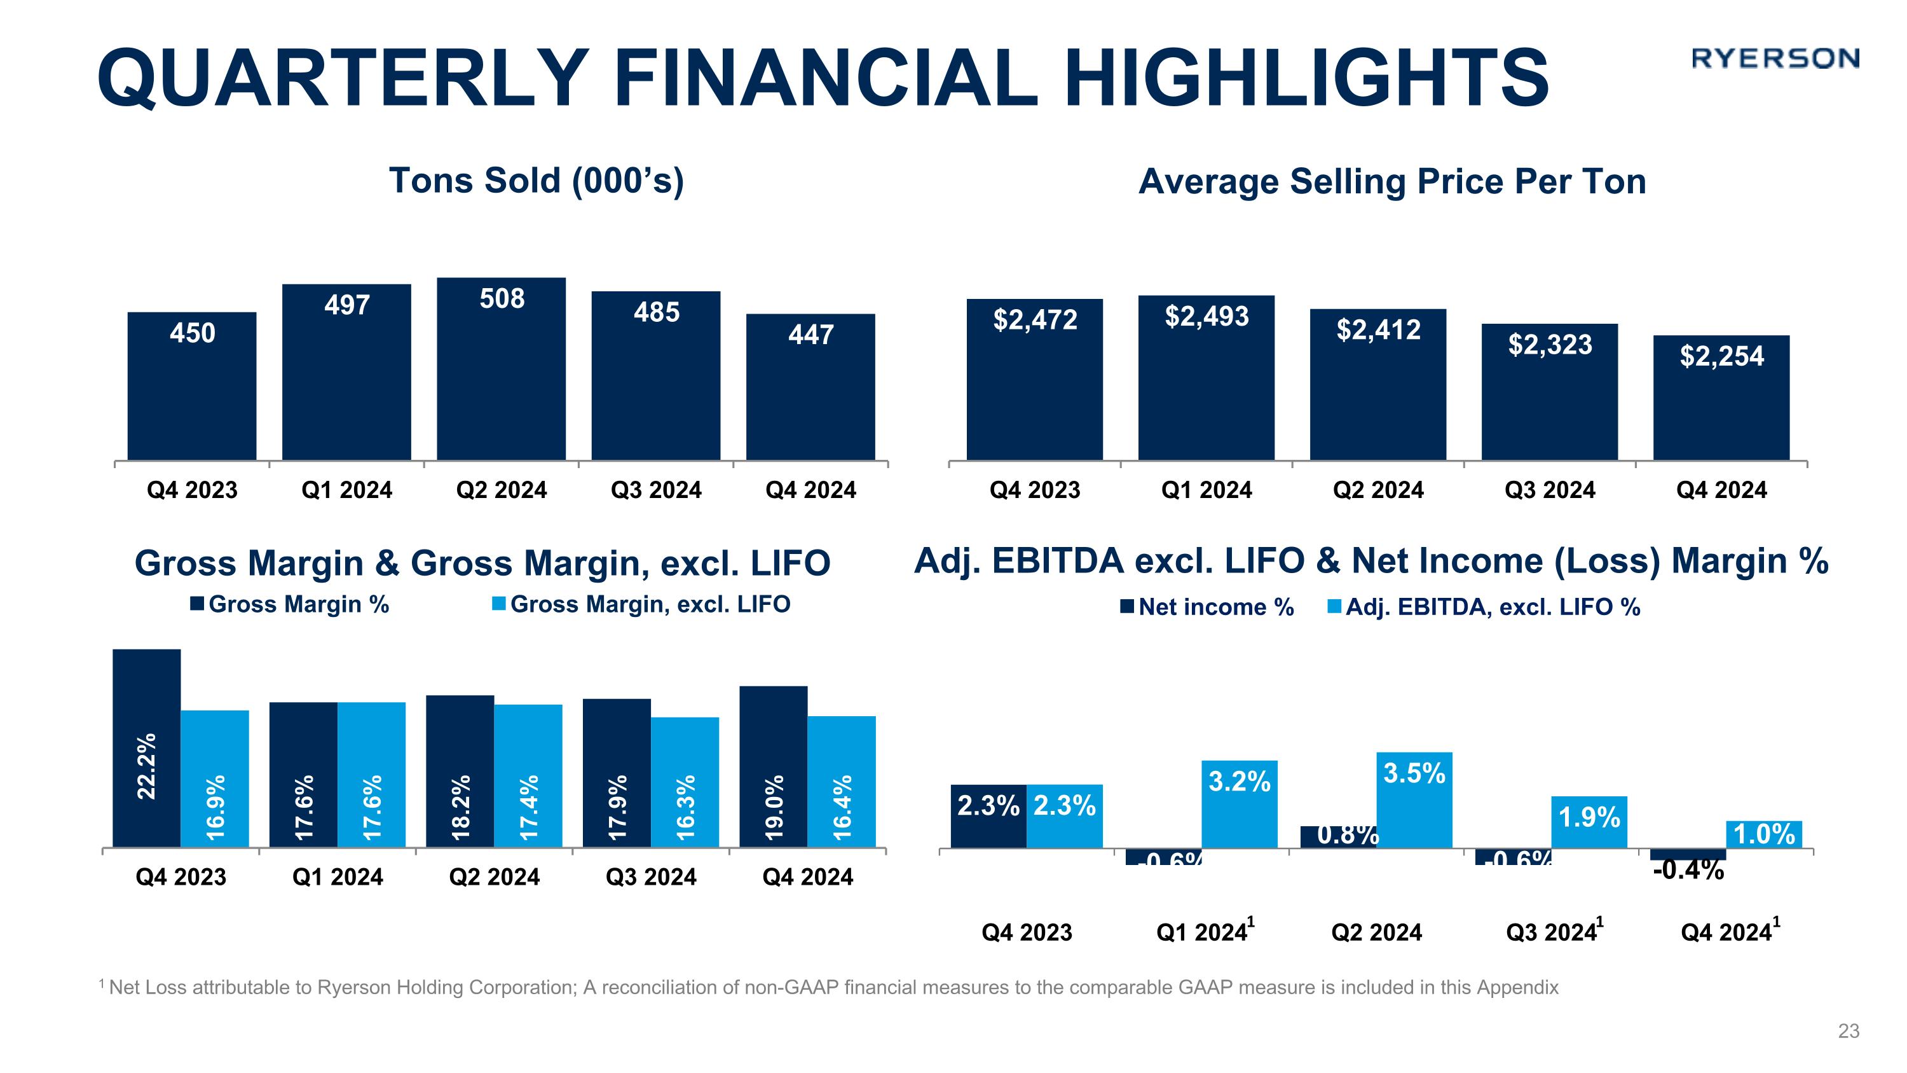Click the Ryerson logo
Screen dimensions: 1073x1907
(1775, 59)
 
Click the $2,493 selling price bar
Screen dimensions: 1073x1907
(1206, 378)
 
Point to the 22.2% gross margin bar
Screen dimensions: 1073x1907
(147, 748)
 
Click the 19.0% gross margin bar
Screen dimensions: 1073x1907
(773, 766)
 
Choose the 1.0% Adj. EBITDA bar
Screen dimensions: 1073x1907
(1763, 834)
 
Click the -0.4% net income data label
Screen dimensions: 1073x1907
(1688, 871)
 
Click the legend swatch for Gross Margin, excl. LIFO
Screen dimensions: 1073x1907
(499, 605)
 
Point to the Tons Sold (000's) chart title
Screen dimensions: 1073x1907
(536, 181)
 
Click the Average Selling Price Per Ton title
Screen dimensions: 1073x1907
(1391, 182)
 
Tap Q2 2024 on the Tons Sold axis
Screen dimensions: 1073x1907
(501, 490)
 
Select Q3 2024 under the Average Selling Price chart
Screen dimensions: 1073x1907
(1550, 490)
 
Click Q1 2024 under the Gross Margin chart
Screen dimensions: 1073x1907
(338, 878)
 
